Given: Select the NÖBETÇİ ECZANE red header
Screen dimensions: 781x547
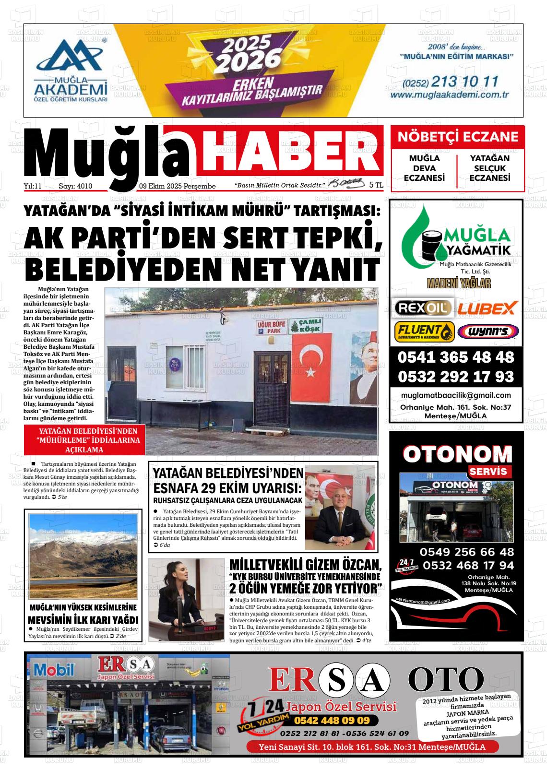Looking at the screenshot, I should (458, 137).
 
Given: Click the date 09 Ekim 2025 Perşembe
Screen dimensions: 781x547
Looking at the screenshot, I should (177, 186).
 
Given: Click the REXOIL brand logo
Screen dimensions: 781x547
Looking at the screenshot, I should (423, 308).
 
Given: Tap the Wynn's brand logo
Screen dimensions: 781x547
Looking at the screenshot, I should (488, 331).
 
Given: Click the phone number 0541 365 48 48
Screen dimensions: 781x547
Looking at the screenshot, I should (456, 357).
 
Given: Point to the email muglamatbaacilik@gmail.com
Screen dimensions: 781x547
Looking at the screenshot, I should (456, 396).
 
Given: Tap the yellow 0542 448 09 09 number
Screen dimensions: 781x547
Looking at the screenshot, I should (332, 721).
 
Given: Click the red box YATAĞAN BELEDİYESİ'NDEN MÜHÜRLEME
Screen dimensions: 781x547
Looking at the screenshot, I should (84, 440).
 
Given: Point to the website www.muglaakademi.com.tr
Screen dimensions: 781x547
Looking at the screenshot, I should (449, 95).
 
